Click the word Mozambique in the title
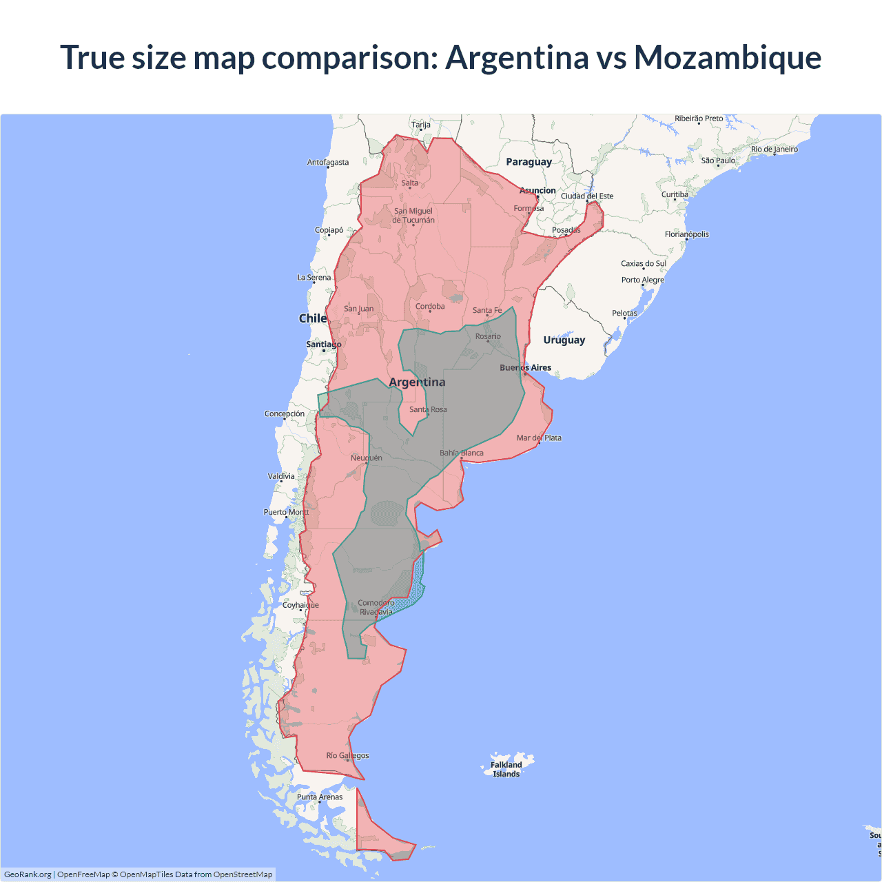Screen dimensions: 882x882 pyautogui.click(x=727, y=57)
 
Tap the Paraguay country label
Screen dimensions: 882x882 pyautogui.click(x=529, y=162)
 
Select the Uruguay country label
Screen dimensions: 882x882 pyautogui.click(x=564, y=340)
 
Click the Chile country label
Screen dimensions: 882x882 pyautogui.click(x=312, y=318)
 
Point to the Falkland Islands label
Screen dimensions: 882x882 pyautogui.click(x=506, y=769)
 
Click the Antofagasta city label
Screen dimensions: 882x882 pyautogui.click(x=328, y=163)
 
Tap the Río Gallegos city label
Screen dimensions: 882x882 pyautogui.click(x=347, y=756)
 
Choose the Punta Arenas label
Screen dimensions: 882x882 pyautogui.click(x=320, y=797)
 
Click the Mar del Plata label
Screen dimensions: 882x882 pyautogui.click(x=539, y=438)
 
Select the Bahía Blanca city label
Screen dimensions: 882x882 pyautogui.click(x=462, y=453)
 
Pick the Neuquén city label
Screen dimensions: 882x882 pyautogui.click(x=366, y=458)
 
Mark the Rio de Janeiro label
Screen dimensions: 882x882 pyautogui.click(x=775, y=150)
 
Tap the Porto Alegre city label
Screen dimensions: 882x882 pyautogui.click(x=643, y=280)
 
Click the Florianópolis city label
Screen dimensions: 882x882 pyautogui.click(x=687, y=234)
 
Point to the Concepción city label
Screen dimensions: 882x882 pyautogui.click(x=285, y=414)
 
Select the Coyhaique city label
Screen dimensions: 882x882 pyautogui.click(x=300, y=606)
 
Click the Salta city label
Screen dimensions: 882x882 pyautogui.click(x=410, y=183)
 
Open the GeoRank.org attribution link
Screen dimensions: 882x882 pyautogui.click(x=28, y=874)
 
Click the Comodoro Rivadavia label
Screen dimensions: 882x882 pyautogui.click(x=376, y=607)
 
